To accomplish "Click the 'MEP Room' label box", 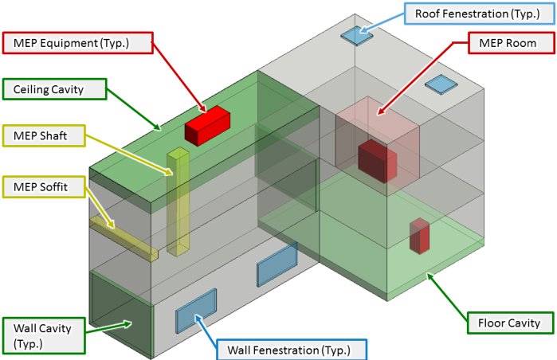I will pos(507,43).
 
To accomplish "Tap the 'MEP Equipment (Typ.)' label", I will pos(77,43).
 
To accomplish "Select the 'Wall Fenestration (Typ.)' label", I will pos(282,350).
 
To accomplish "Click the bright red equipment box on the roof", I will pos(207,126).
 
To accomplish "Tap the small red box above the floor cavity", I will pos(419,236).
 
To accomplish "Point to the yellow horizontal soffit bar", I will pos(124,237).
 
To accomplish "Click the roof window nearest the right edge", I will pos(439,84).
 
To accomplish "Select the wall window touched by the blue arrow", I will pos(196,311).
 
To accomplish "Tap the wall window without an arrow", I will pos(277,265).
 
